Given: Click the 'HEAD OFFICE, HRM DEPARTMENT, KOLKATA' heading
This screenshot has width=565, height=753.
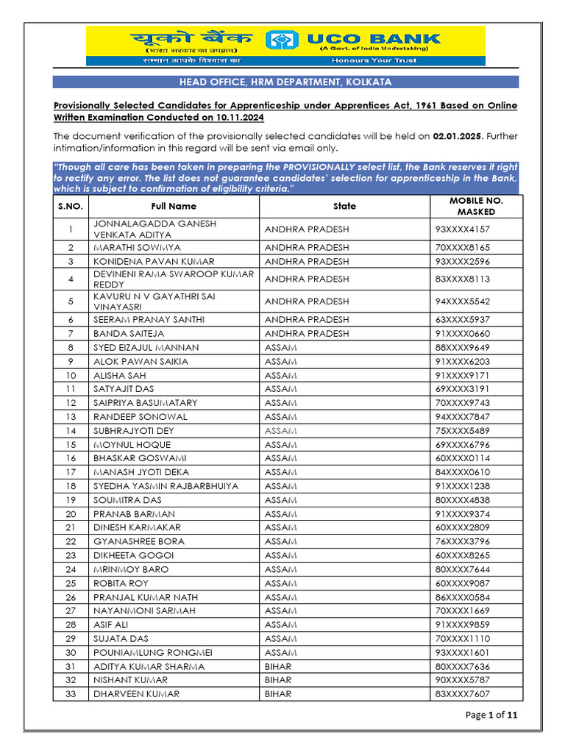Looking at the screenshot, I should tap(285, 82).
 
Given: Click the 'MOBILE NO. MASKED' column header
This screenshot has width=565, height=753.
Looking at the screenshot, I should tap(476, 206).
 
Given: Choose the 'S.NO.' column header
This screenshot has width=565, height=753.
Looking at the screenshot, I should tap(71, 207).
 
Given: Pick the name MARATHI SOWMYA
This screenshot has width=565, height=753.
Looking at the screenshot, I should tap(137, 248).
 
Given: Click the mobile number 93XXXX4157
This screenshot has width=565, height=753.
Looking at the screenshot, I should tap(462, 229).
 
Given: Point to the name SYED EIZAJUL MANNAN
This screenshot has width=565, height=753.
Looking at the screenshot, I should tap(146, 347).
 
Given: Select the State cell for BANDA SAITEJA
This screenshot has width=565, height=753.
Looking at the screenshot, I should tap(307, 333).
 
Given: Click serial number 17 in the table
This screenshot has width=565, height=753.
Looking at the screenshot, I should tap(71, 472).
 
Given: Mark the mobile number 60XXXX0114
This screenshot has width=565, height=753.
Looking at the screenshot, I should tap(462, 458).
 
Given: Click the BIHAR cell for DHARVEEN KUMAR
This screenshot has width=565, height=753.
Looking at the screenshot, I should tap(278, 693).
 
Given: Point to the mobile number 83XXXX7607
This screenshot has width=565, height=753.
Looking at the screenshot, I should tap(462, 693).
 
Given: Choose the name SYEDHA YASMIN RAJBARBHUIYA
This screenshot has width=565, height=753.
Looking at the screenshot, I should tap(166, 486).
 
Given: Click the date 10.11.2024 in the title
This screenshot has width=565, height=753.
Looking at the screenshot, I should tap(239, 118).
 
